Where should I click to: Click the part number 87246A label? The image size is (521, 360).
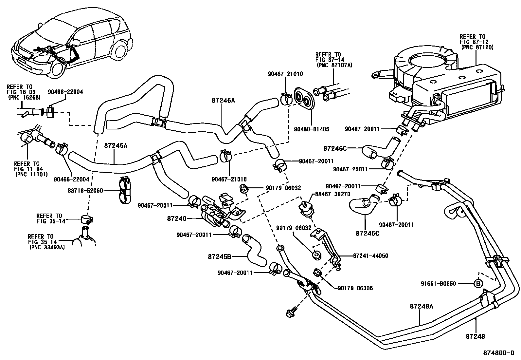click(x=223, y=101)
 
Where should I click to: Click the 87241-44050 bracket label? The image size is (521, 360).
click(x=371, y=256)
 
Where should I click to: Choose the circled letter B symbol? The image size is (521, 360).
click(x=478, y=284)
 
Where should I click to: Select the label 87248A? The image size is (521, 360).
click(x=421, y=306)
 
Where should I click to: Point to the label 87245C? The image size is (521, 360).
click(x=368, y=233)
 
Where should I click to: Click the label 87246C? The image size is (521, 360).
click(x=334, y=148)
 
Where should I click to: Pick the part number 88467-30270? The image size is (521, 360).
click(x=332, y=194)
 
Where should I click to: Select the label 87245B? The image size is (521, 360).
click(x=220, y=256)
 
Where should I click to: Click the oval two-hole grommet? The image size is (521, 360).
click(x=304, y=97)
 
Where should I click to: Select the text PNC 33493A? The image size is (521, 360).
click(x=47, y=247)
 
